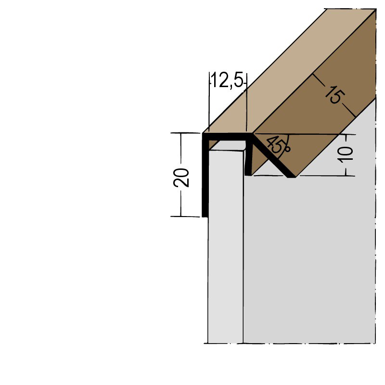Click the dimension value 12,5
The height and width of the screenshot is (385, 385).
point(228,81)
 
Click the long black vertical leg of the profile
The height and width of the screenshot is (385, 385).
point(205,183)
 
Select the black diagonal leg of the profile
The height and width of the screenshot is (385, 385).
point(272,156)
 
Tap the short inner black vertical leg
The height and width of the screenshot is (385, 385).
point(248,159)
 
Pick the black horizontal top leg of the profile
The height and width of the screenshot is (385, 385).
point(226,137)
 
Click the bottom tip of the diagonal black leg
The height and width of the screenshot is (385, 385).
point(292,176)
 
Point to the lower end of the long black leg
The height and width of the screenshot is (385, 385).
point(205,214)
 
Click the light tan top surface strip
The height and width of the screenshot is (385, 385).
point(289,72)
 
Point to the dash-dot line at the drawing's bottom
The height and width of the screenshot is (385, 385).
point(289,344)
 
